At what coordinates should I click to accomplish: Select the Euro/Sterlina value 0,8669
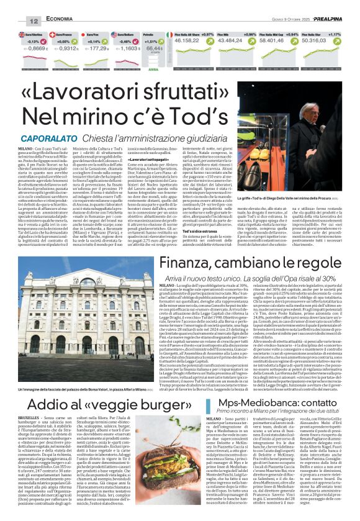point(38,48)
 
